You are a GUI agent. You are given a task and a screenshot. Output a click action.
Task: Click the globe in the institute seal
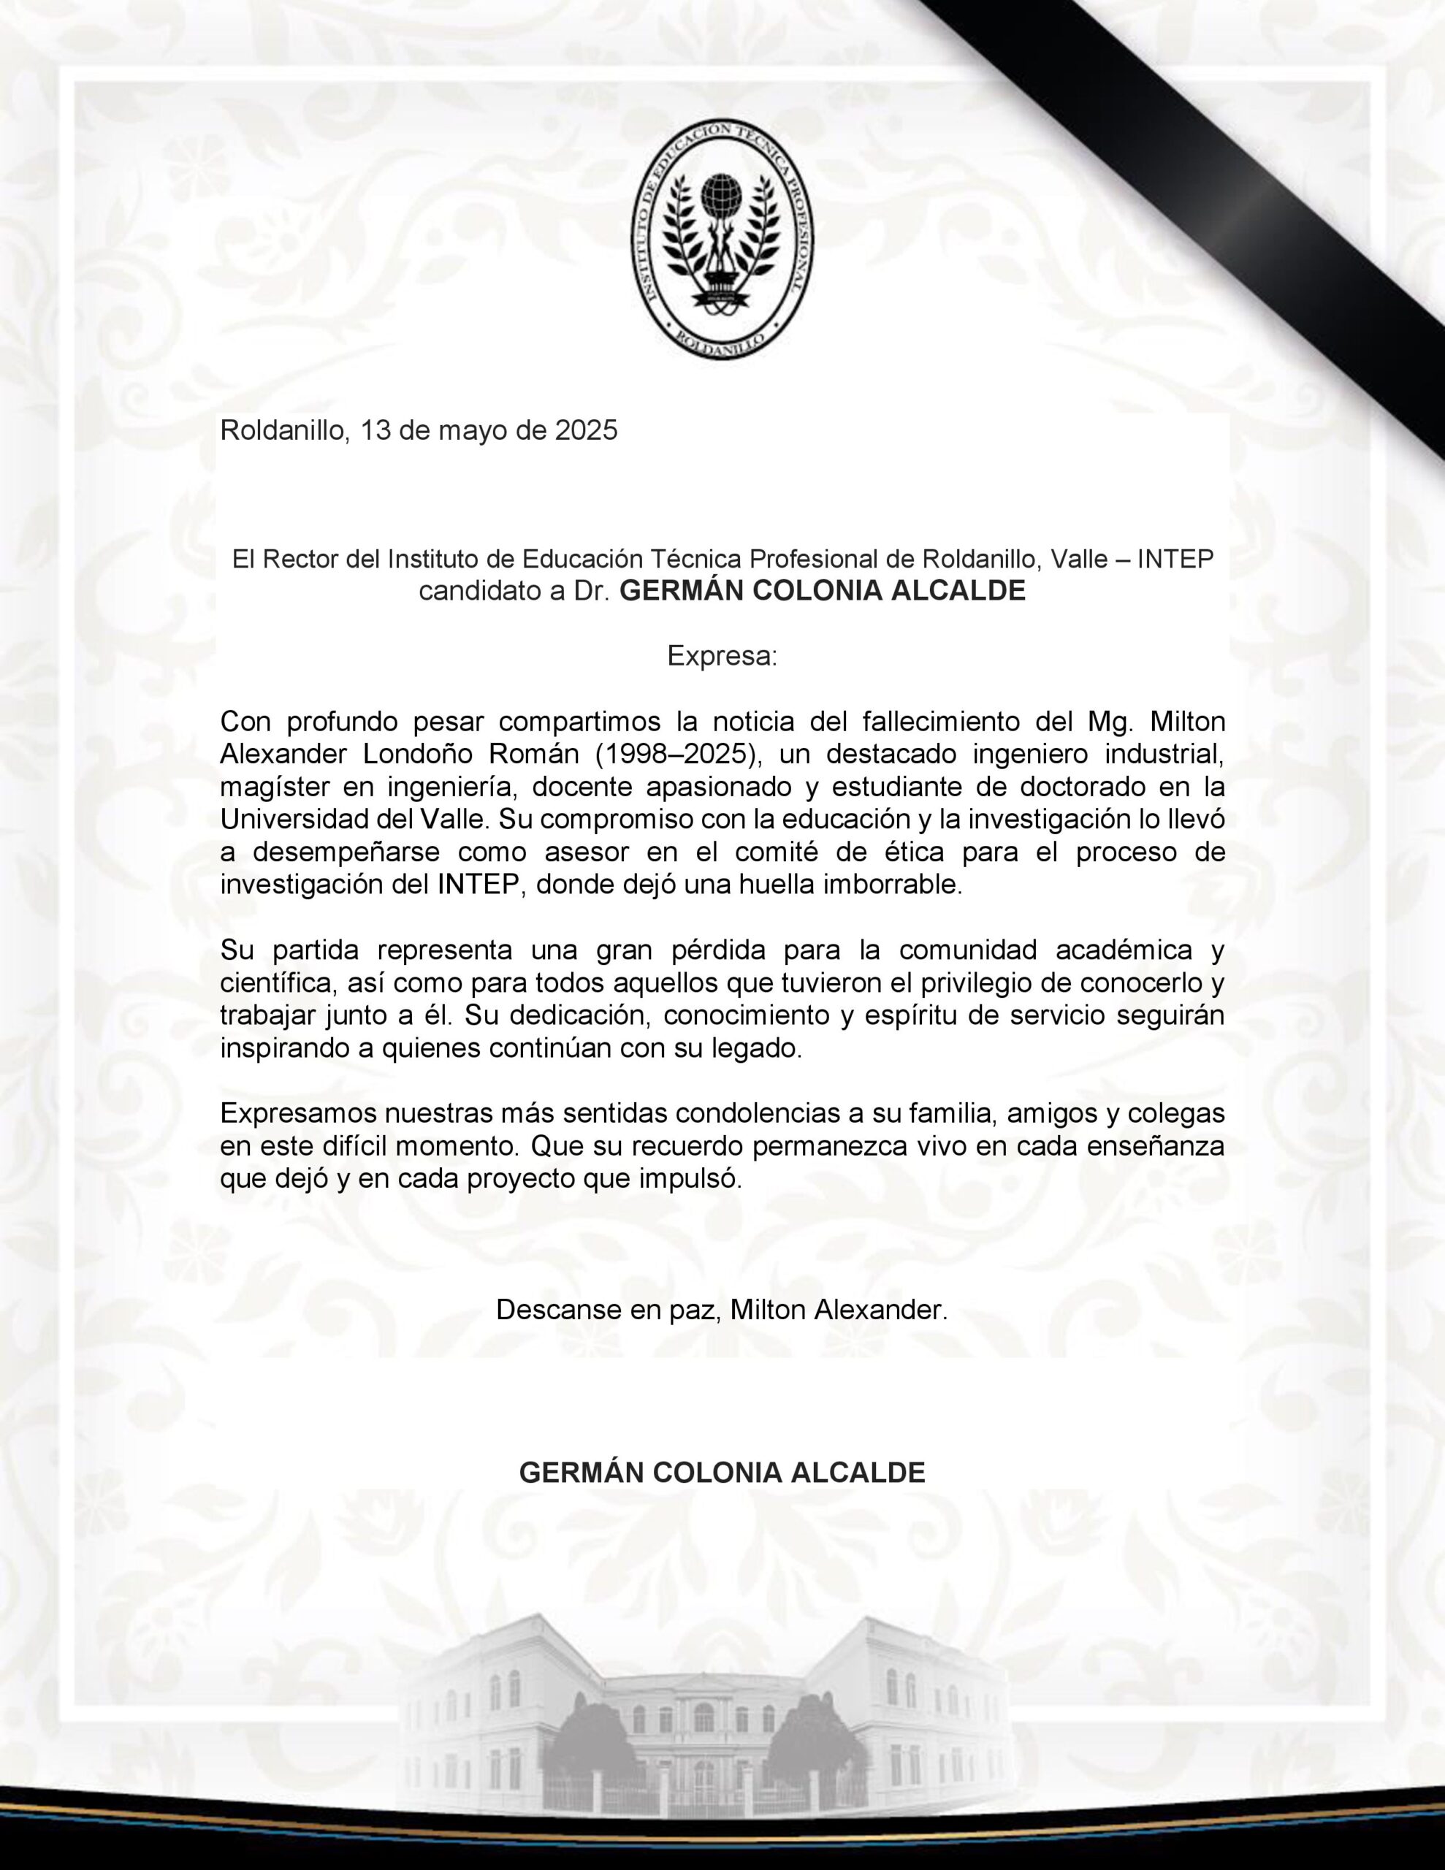(722, 199)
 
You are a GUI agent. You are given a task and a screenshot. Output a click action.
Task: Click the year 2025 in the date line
(586, 430)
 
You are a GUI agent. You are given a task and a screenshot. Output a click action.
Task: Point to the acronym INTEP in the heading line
(1178, 560)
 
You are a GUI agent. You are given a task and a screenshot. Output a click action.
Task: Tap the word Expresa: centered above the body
(722, 657)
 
